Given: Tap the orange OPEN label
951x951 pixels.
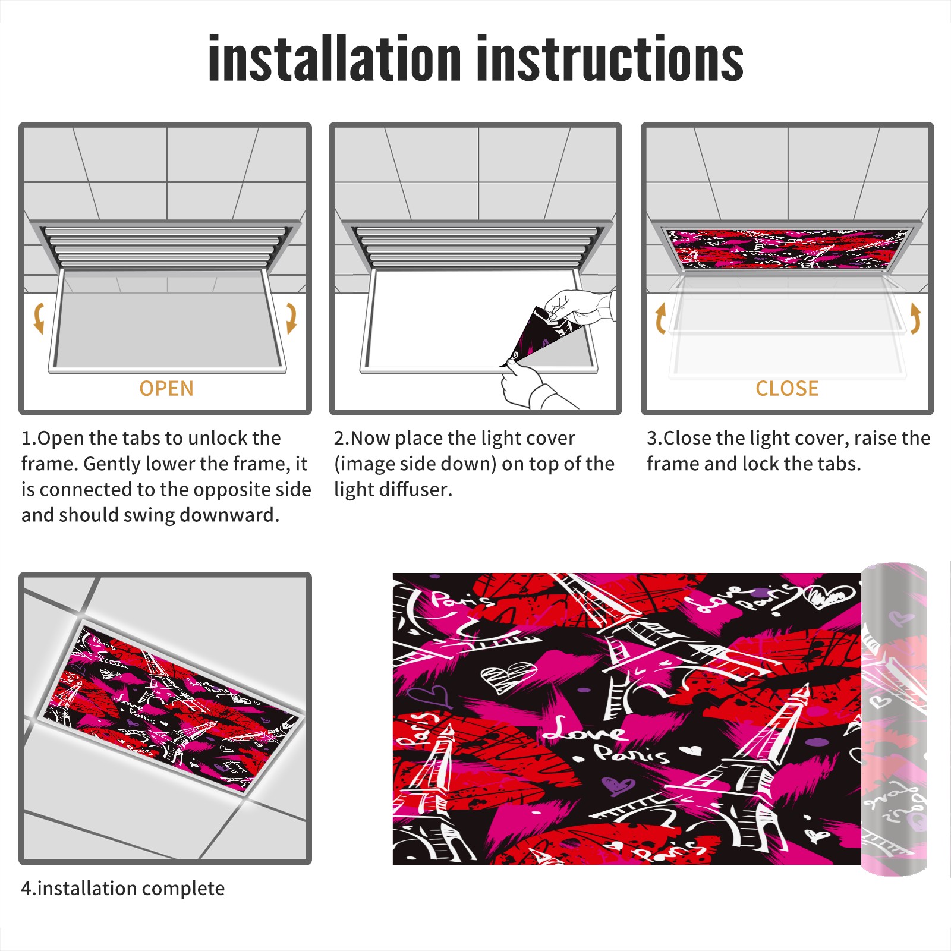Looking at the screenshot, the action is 166,388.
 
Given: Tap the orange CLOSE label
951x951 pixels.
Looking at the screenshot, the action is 787,388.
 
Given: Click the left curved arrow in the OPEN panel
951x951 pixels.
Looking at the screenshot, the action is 39,318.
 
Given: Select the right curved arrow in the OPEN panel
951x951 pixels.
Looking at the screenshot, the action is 291,318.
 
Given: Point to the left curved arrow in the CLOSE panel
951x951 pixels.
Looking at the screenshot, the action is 660,318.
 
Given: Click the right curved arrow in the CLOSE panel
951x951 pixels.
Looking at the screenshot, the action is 915,318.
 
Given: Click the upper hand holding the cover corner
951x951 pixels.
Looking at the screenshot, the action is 580,307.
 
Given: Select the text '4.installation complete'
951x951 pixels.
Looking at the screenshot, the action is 123,888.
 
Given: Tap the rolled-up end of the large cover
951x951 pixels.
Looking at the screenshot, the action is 895,719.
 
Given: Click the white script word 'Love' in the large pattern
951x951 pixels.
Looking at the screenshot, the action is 585,730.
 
